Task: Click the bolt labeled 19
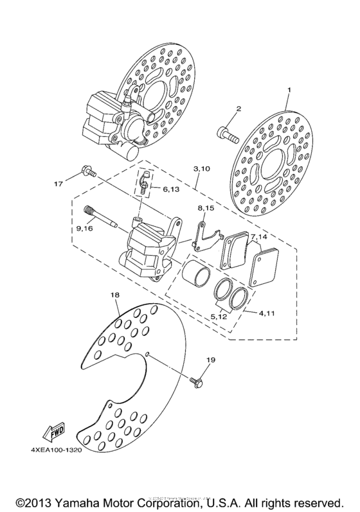(x=195, y=381)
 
